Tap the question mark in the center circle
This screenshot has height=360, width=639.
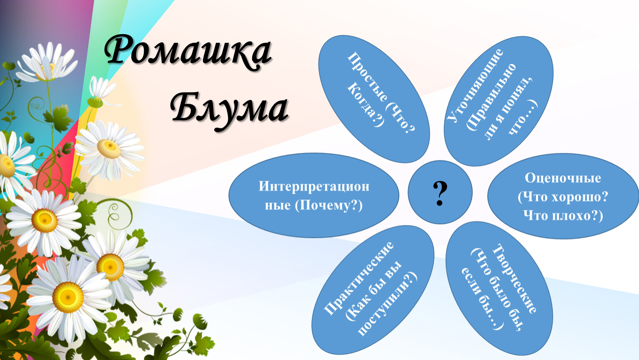(440, 193)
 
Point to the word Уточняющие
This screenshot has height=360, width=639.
(474, 85)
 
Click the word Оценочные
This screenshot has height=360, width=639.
(563, 178)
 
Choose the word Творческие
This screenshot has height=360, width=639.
(515, 279)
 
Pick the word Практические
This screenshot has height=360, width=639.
(358, 279)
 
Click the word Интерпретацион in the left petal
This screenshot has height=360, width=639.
(314, 187)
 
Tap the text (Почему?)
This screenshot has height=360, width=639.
(328, 205)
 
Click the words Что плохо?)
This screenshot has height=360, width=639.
(563, 216)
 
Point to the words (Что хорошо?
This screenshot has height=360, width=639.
(563, 197)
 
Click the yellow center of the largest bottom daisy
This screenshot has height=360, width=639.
(68, 297)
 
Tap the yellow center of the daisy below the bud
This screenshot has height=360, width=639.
(108, 148)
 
